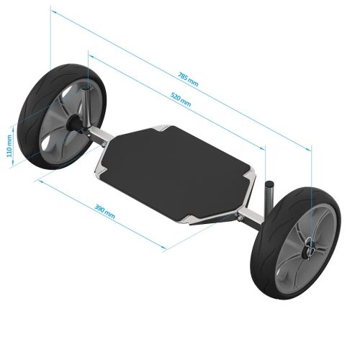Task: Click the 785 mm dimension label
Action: coord(188,78)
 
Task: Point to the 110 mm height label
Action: coord(9,147)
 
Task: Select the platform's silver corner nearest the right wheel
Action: coord(249,183)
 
